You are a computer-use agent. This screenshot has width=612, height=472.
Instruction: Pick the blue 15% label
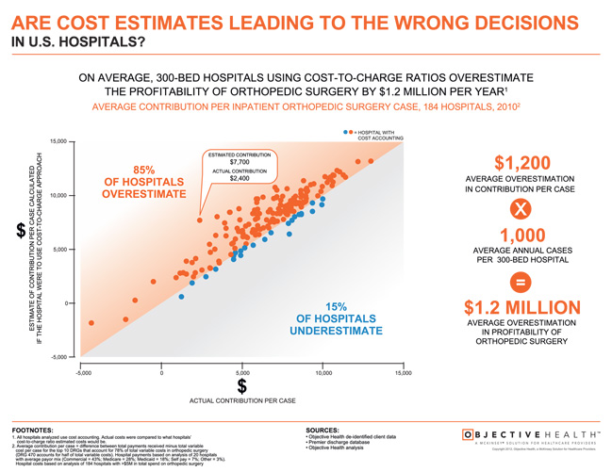pos(337,306)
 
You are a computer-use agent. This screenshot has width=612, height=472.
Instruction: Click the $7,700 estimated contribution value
pos(239,161)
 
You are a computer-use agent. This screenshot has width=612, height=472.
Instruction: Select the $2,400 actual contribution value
pos(239,177)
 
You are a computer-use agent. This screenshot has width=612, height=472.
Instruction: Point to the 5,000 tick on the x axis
pos(242,373)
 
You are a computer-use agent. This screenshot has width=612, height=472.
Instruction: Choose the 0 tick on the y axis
pos(58,303)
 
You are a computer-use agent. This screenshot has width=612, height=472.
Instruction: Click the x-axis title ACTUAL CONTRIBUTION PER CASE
pos(242,401)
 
